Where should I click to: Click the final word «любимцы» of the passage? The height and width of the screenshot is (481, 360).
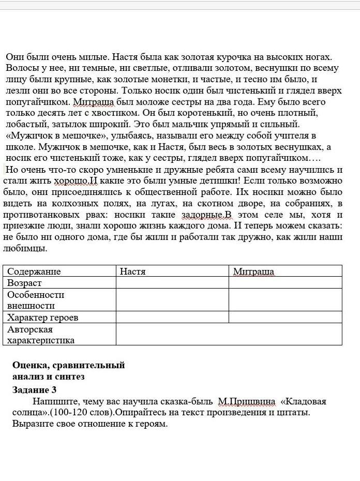[25, 248]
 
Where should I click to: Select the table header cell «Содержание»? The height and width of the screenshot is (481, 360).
[34, 271]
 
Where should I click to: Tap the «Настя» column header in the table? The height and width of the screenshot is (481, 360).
[132, 271]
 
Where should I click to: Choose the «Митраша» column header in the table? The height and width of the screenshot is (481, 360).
[253, 271]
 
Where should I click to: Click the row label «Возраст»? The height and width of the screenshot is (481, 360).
[24, 283]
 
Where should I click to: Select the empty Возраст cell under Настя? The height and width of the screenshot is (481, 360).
[172, 283]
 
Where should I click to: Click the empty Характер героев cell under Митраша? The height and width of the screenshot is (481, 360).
[285, 317]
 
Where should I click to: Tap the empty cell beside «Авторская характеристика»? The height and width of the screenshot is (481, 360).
[229, 334]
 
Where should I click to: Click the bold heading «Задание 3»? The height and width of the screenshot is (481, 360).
[34, 389]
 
